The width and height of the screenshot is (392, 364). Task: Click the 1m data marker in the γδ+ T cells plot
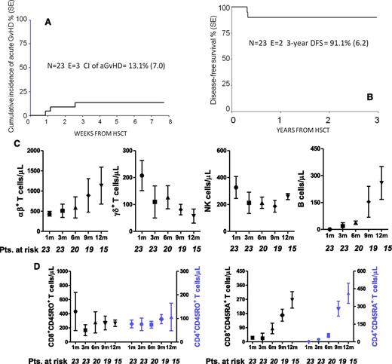coord(141,176)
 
